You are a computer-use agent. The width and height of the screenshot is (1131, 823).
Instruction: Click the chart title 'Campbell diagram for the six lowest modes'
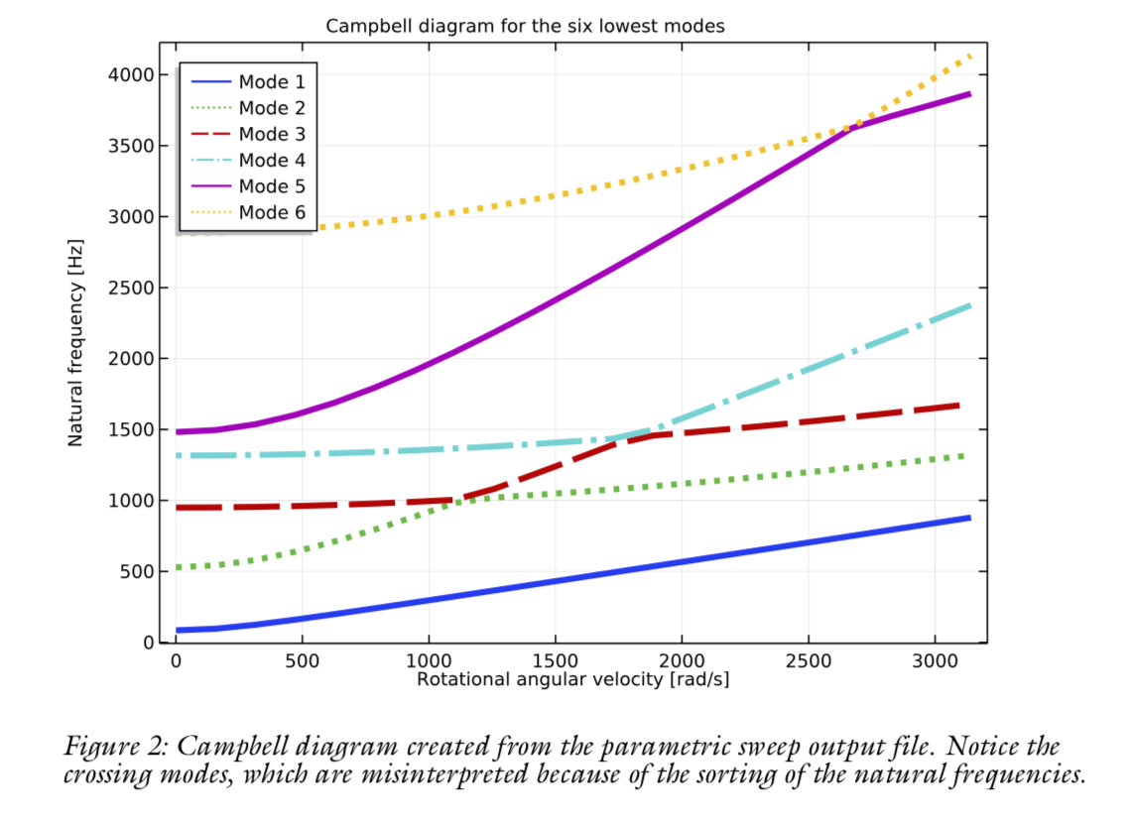pos(525,27)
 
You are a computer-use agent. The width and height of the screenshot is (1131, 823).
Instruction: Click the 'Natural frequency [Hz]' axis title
pos(76,343)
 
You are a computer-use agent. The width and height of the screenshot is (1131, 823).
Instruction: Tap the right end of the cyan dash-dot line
pos(967,305)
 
